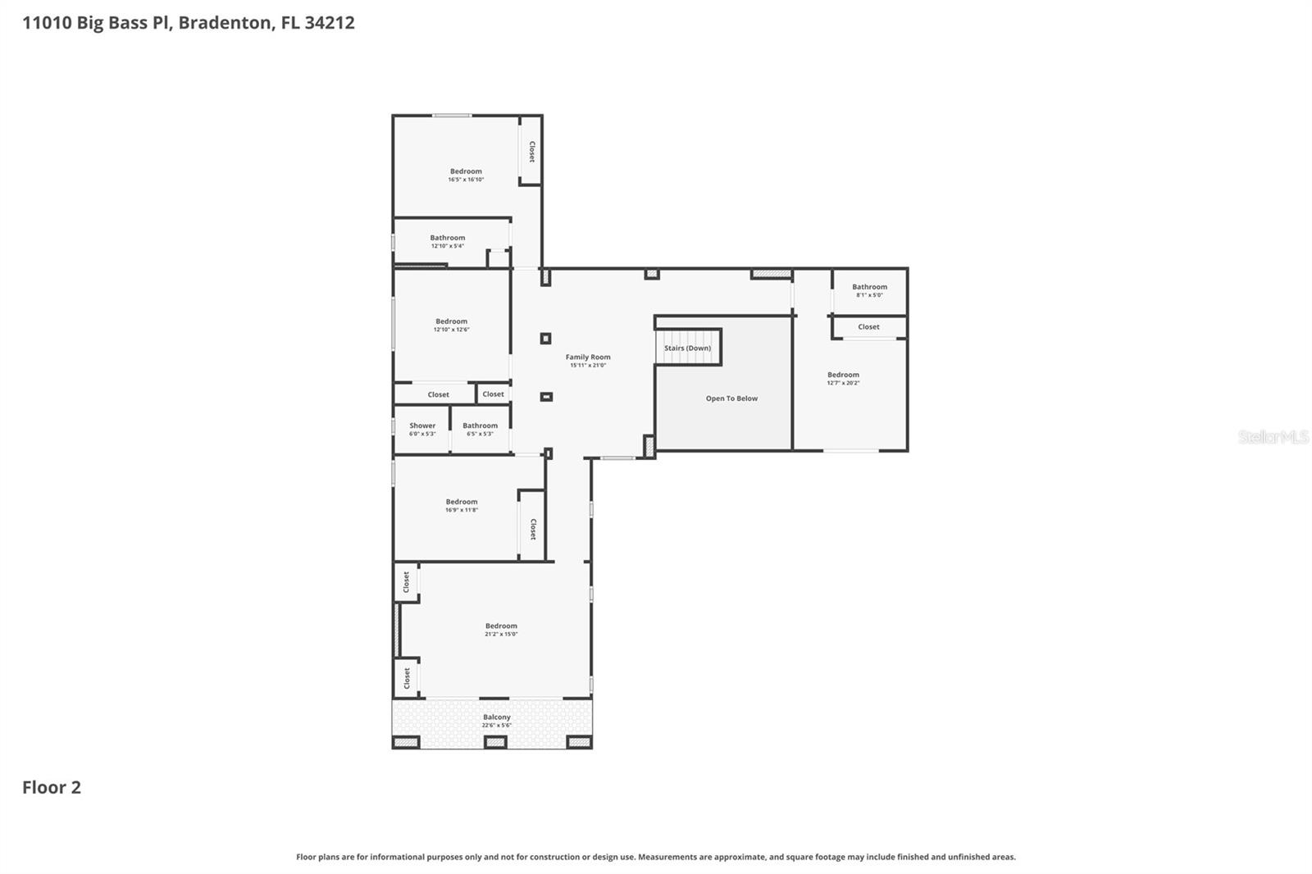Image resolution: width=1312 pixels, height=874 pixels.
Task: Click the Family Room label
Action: coord(588,357)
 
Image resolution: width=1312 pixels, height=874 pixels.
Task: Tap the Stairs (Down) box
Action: coord(687,348)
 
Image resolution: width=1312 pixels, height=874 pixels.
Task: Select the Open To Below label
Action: coord(731,398)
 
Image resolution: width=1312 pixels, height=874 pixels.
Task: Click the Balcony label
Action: coord(496,717)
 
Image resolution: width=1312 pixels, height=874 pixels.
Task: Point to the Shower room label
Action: coord(422,426)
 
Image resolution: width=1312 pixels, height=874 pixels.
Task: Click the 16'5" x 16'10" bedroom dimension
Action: coord(466,180)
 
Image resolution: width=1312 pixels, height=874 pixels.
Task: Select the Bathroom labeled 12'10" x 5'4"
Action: coord(447,239)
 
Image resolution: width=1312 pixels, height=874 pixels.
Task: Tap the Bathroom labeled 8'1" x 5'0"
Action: coord(869,288)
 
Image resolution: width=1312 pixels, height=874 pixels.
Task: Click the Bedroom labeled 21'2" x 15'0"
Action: coord(501,626)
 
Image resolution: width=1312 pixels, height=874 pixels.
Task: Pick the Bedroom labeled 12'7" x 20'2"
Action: coord(843,376)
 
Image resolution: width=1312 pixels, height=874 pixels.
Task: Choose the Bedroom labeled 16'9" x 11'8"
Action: coord(462,503)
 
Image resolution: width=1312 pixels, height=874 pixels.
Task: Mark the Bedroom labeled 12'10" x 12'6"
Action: coord(451,322)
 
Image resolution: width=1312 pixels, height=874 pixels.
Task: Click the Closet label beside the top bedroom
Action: coord(531,152)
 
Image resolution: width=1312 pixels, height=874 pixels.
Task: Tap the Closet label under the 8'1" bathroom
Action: coord(868,327)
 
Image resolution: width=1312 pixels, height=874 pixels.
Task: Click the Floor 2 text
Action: coord(52,787)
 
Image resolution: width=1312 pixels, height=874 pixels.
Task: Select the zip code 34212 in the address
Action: coord(329,22)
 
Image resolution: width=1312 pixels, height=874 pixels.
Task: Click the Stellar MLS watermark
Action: coord(1273,437)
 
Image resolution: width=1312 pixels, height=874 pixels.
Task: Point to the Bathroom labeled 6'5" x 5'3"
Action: coord(480,426)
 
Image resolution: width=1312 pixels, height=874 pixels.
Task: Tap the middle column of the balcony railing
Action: coord(494,742)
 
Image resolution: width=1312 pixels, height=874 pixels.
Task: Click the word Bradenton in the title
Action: coord(225,22)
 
